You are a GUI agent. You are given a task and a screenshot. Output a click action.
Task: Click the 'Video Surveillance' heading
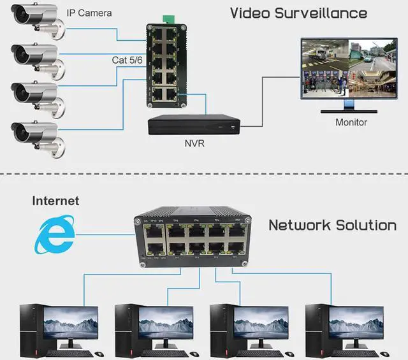pyautogui.click(x=298, y=13)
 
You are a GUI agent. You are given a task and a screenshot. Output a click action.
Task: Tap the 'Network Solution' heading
pyautogui.click(x=332, y=224)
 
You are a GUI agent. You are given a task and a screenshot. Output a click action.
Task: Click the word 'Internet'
pyautogui.click(x=55, y=201)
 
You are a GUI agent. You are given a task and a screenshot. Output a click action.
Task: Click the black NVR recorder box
pyautogui.click(x=192, y=126)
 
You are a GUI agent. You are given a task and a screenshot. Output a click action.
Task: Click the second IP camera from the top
pyautogui.click(x=34, y=57)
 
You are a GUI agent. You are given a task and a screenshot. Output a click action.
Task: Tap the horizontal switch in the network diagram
pyautogui.click(x=189, y=240)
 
